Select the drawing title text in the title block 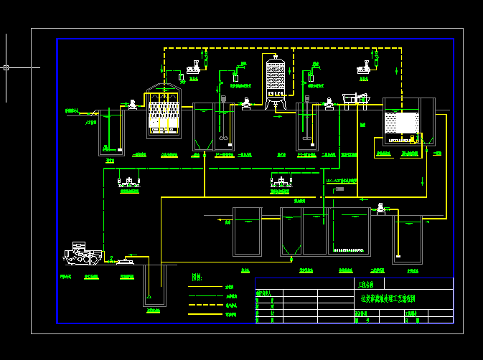coord(388,298)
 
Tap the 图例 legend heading coord(196,278)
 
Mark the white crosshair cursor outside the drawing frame coord(6,67)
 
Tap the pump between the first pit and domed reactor coord(132,106)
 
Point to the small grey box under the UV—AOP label coord(339,189)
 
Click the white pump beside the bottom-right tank coord(380,209)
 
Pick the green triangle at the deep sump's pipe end coord(147,297)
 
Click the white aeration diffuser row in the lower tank coord(349,250)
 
